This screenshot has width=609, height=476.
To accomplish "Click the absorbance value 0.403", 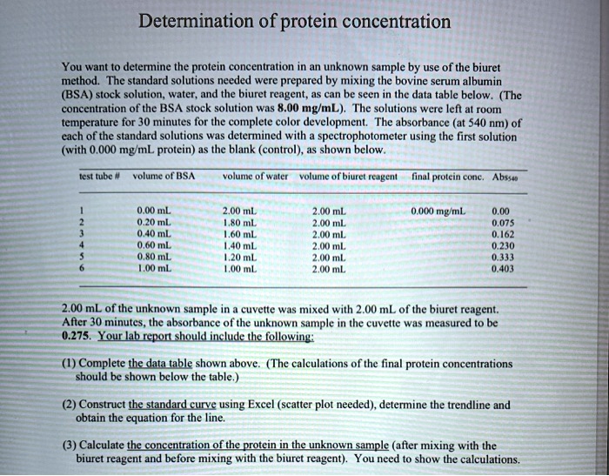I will pyautogui.click(x=502, y=269).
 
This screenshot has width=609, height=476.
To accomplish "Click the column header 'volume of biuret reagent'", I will pyautogui.click(x=347, y=177).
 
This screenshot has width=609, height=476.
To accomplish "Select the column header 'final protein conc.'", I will pyautogui.click(x=453, y=177).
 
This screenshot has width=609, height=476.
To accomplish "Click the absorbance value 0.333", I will pyautogui.click(x=502, y=258).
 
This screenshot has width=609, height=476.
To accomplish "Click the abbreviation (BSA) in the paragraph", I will pyautogui.click(x=77, y=92).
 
